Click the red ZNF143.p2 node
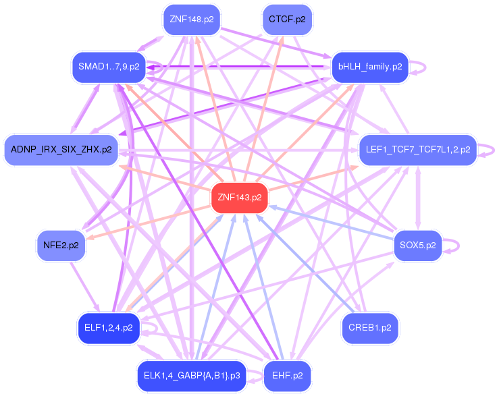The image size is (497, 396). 239,198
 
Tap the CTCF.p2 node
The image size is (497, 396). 286,20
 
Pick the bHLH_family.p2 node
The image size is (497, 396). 370,67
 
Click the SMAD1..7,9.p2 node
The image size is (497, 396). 109,67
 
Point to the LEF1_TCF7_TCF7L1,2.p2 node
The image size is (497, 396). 417,150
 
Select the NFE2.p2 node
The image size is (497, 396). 61,246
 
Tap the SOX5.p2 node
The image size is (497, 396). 417,246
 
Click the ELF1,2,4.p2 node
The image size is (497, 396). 108,329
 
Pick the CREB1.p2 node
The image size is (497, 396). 370,329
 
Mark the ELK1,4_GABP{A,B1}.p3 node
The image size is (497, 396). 192,374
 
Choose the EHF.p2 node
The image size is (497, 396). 287,374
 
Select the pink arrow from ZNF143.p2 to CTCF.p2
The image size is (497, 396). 263,108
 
